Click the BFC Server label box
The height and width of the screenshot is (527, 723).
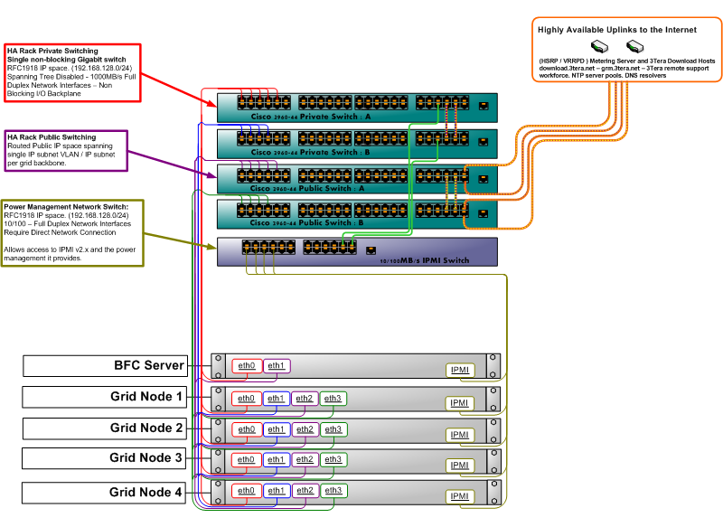104,366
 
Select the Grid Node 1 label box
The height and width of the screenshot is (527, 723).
104,397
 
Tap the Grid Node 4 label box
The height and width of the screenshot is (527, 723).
104,493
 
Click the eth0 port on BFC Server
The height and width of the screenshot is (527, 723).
246,366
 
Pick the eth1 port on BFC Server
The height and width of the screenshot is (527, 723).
276,366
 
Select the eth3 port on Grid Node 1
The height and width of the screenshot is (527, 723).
333,399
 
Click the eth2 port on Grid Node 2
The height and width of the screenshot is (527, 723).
304,429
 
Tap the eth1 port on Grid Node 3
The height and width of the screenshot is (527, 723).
276,459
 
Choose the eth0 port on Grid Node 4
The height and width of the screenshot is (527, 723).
246,490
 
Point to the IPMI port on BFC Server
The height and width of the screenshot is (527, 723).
460,371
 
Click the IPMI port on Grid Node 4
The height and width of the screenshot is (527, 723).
460,496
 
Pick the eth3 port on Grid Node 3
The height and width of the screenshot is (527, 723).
333,459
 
